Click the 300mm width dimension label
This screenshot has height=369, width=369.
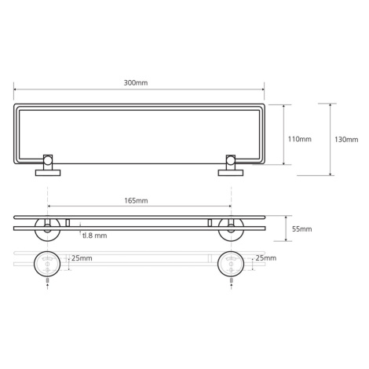(136, 82)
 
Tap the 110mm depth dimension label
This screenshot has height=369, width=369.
(300, 139)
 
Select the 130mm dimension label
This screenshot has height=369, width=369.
(346, 140)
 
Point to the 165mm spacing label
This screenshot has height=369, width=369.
(136, 200)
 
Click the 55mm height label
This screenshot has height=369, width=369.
(302, 229)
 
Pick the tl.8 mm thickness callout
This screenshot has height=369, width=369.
(95, 236)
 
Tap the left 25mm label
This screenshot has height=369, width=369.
(82, 258)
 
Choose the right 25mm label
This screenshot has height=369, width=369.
(266, 258)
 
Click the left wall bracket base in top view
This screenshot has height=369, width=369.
(48, 173)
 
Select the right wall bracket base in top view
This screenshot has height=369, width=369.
(231, 173)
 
